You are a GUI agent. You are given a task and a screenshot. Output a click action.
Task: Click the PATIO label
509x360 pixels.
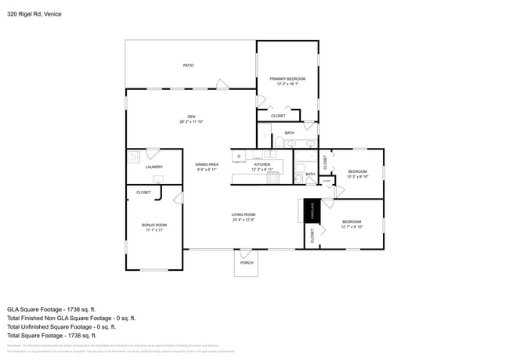point(188,65)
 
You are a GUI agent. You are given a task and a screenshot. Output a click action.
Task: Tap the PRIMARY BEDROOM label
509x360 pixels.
point(287,79)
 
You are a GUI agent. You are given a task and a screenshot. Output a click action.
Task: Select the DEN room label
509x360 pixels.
point(191,117)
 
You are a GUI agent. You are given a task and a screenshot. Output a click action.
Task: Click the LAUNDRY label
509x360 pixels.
point(153,167)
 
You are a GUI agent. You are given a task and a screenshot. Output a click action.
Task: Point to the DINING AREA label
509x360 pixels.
point(207,164)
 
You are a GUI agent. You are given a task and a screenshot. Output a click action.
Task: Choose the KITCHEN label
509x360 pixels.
point(262,164)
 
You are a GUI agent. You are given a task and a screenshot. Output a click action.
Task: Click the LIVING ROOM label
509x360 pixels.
point(244,214)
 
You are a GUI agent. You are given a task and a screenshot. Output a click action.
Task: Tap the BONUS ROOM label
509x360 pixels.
point(154,225)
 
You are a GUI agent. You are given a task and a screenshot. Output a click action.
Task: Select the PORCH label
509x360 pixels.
point(246,263)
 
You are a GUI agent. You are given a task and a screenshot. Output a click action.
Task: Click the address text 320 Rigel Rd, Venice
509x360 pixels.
point(34,14)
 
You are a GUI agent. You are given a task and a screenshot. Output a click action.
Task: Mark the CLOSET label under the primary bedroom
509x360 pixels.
point(278,116)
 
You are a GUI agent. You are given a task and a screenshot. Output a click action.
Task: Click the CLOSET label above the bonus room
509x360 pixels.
point(143,192)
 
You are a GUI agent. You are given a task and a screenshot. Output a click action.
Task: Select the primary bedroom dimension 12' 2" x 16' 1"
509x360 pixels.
point(287,84)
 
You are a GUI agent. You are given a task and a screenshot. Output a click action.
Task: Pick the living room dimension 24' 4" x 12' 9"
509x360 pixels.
point(244,220)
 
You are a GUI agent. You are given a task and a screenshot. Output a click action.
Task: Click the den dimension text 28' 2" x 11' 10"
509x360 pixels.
point(191,121)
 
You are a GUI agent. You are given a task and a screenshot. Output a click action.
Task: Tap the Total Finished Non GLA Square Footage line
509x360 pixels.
point(71,318)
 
